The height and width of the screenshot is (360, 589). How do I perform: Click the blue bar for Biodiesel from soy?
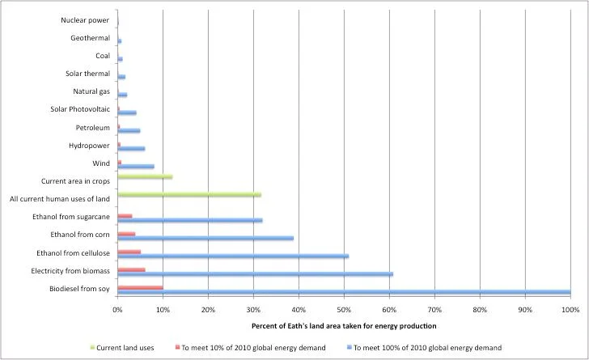point(344,292)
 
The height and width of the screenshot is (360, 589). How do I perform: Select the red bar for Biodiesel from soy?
point(140,287)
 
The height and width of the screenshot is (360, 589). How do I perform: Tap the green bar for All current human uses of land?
point(189,195)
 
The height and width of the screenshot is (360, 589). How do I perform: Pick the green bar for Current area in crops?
point(145,176)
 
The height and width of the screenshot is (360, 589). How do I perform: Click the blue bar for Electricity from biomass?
point(255,274)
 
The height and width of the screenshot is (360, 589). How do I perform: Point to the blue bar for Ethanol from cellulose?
point(233,256)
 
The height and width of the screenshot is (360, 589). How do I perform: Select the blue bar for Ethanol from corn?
point(206,238)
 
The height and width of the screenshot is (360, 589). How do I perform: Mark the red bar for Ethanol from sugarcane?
point(125,216)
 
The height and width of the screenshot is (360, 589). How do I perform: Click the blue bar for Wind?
point(136,167)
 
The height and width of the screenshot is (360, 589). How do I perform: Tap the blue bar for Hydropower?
point(131,149)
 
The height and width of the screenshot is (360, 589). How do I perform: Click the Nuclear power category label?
point(85,20)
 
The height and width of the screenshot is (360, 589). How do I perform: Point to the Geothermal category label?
point(90,38)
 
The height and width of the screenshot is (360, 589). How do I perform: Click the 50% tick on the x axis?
point(344,310)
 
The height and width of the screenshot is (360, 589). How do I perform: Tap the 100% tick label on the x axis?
point(570,310)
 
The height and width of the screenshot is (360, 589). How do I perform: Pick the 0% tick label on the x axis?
point(118,310)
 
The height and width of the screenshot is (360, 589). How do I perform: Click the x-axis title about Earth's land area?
point(344,325)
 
